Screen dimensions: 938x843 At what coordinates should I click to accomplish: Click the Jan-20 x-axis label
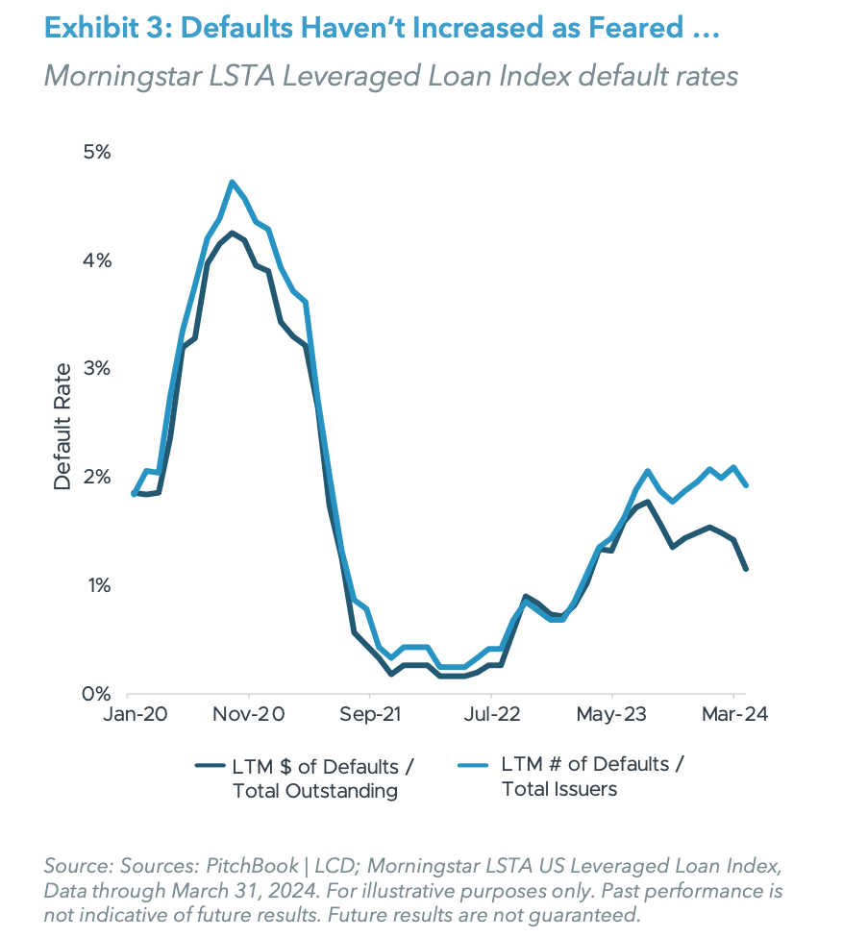coord(127,715)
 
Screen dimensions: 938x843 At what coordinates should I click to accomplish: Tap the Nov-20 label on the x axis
coord(249,715)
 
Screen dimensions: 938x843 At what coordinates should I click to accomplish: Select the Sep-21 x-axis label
coord(369,715)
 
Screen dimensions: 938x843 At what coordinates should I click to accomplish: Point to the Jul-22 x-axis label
coord(491,715)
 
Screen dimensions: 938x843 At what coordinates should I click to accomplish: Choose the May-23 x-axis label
coord(612,715)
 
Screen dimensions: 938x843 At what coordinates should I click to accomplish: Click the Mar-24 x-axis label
coord(733,715)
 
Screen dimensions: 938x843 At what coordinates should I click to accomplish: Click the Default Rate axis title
coord(62,426)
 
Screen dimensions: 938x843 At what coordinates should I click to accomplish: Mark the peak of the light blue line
coord(232,182)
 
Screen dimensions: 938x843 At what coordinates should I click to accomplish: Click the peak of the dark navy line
coord(232,233)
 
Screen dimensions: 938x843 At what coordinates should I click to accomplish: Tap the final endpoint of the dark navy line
coord(747,569)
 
